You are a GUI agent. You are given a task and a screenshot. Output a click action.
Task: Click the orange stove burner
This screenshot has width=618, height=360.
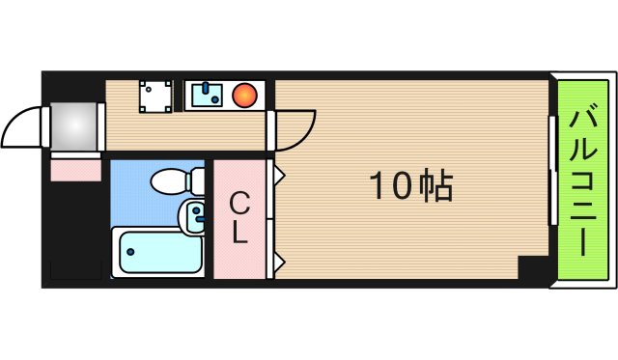point(244,96)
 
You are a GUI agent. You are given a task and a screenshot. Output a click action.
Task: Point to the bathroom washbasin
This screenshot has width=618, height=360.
point(195,215)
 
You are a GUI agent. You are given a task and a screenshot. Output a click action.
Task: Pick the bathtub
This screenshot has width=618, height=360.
point(157,252)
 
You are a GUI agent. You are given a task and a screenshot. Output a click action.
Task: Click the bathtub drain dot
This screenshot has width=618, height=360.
point(128,254)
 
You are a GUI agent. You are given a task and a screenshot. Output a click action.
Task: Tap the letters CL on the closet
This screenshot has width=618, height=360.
point(239,218)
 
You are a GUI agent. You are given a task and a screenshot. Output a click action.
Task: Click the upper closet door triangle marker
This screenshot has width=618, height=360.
point(277,175)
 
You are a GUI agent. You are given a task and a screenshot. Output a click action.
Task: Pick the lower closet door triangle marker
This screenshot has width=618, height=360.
point(277,261)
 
